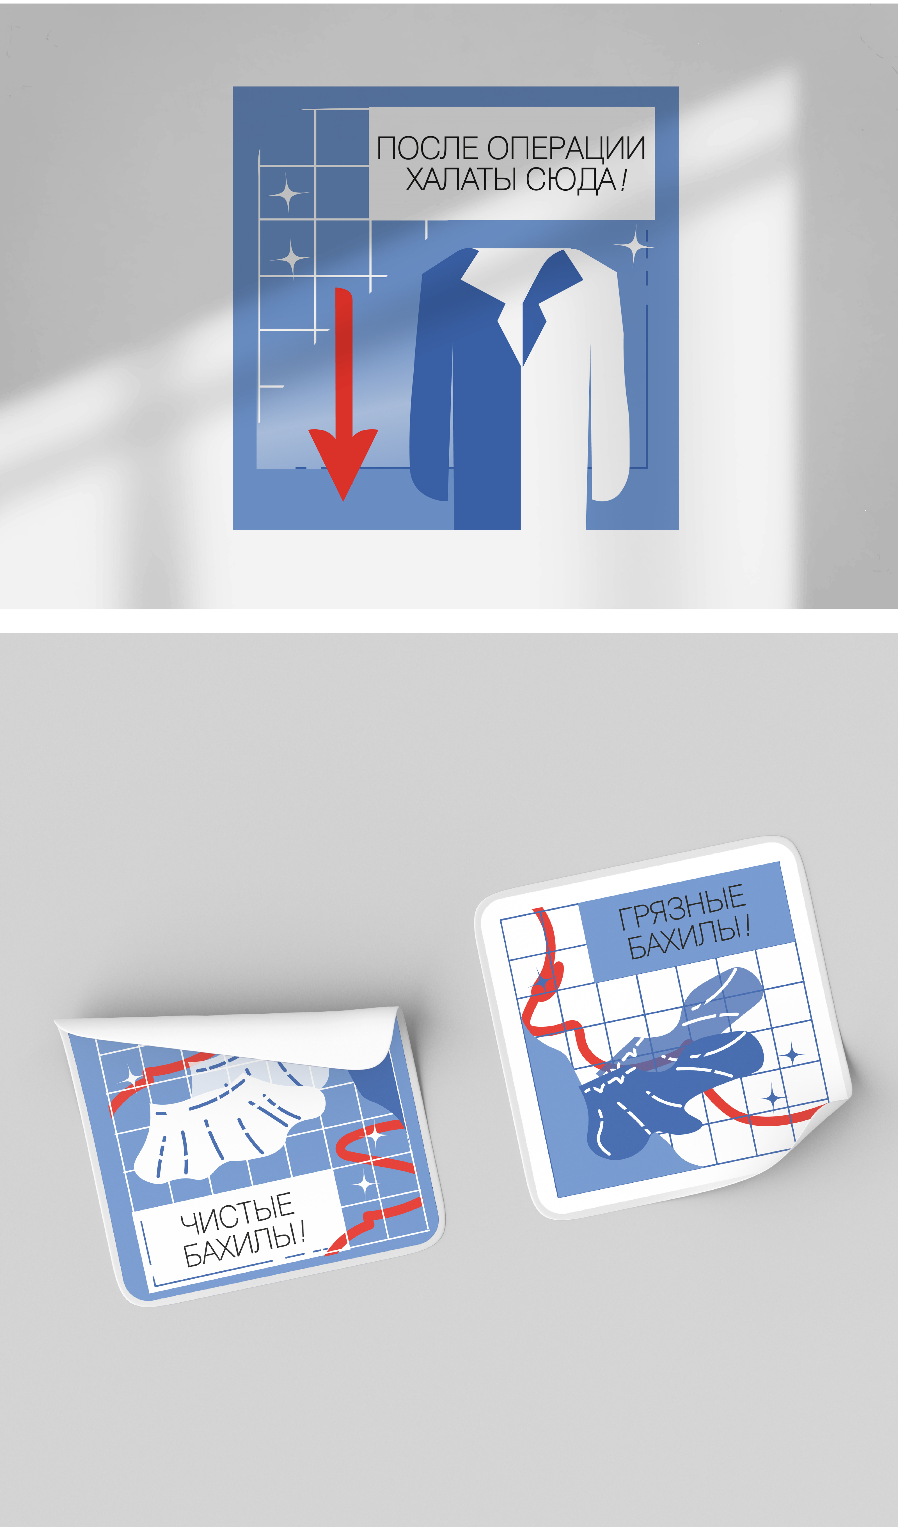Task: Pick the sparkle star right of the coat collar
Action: point(634,245)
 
